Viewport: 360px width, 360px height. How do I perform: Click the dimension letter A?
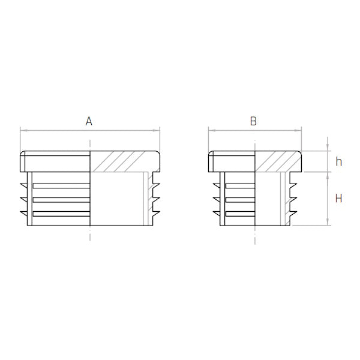pyautogui.click(x=89, y=121)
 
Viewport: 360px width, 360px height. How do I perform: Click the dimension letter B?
pyautogui.click(x=253, y=121)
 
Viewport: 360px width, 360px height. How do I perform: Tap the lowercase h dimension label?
pyautogui.click(x=338, y=161)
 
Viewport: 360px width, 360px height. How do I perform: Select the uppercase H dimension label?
pyautogui.click(x=338, y=198)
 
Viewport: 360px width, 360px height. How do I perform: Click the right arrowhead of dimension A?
pyautogui.click(x=156, y=130)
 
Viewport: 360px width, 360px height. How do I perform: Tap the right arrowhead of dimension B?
pyautogui.click(x=298, y=130)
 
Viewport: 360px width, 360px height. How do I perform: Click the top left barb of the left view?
pyautogui.click(x=24, y=186)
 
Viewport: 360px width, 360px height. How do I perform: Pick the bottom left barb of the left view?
pyautogui.click(x=24, y=214)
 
